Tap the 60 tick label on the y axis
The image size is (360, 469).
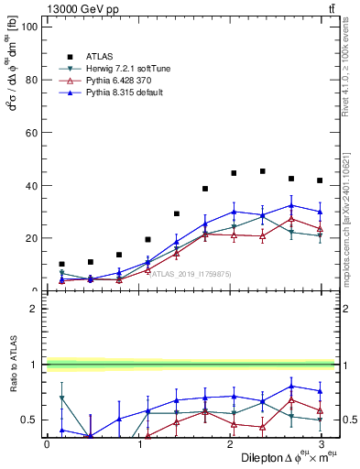[29, 133]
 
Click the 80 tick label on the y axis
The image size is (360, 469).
[29, 80]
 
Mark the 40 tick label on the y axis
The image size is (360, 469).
[29, 186]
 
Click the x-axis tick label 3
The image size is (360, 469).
[321, 444]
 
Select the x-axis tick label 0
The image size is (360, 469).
[48, 444]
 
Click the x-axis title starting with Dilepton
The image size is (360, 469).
[287, 457]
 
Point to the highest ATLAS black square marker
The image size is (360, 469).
[263, 171]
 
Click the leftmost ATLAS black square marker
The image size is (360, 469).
[61, 264]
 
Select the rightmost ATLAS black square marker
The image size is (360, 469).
[320, 180]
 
